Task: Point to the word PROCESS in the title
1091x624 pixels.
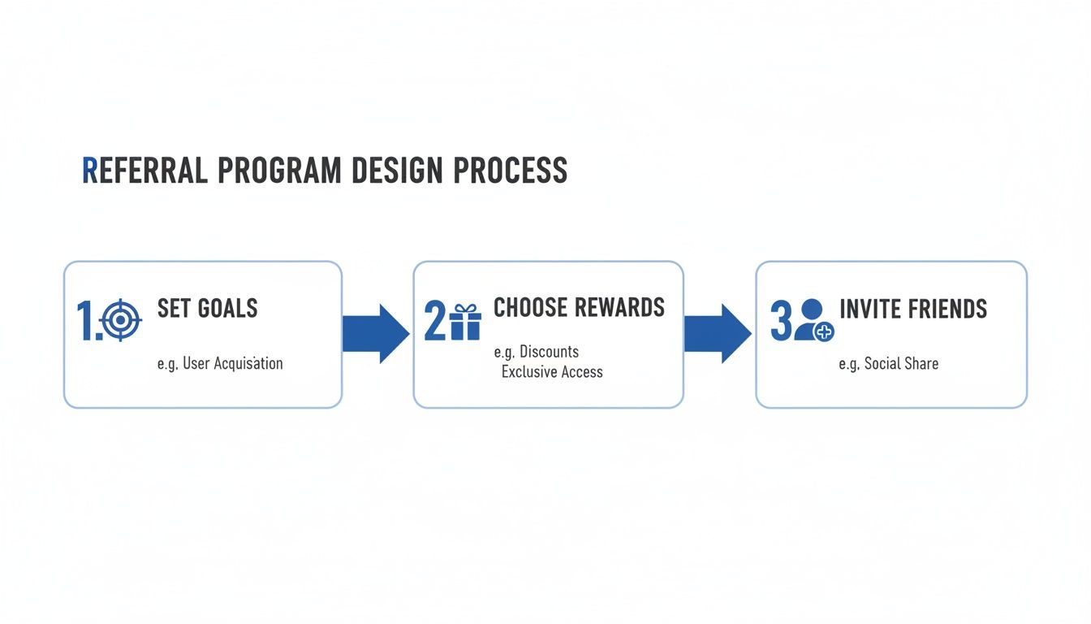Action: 510,171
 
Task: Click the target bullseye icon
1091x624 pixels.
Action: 120,320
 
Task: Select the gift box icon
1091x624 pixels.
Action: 465,321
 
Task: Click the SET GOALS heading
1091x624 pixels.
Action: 207,309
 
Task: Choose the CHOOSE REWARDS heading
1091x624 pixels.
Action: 579,307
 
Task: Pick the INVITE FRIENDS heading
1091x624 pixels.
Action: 912,309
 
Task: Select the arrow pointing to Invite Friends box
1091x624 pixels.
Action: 718,334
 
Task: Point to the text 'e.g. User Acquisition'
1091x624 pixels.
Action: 220,363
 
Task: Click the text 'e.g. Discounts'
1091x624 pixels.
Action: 536,352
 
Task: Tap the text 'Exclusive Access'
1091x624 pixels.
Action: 552,372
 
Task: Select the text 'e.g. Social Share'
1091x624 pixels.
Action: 888,363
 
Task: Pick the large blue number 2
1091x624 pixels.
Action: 435,321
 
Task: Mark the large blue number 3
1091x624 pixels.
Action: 780,321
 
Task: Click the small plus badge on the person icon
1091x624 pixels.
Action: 824,331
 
